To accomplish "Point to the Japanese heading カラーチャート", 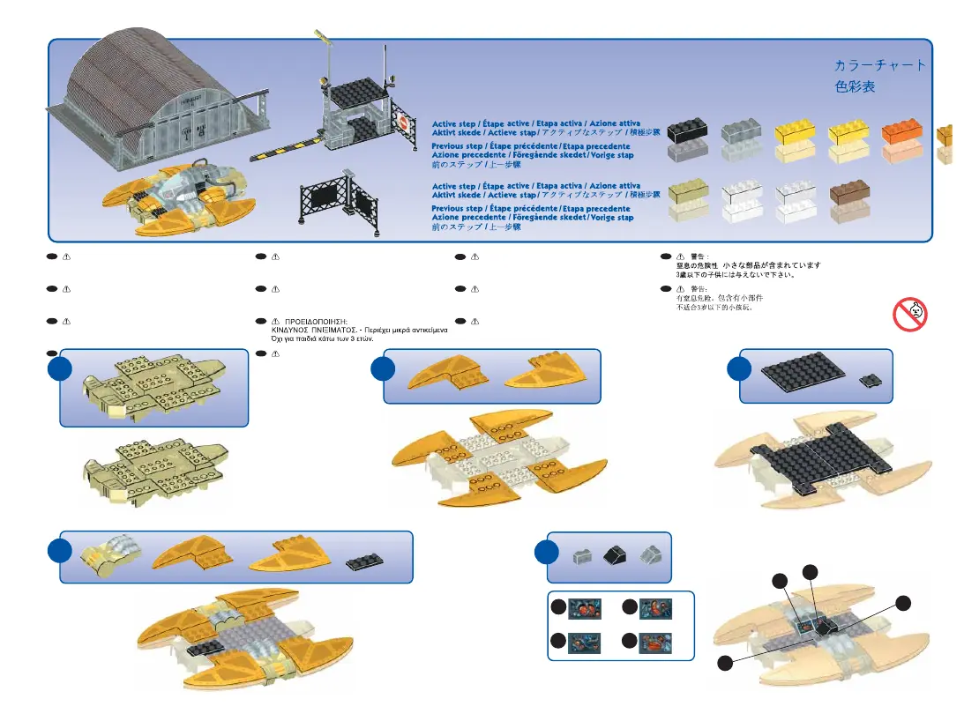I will [x=879, y=66].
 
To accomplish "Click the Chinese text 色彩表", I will [x=855, y=88].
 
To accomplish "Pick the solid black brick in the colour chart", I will [x=688, y=131].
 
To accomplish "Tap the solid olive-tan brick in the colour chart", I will [x=689, y=191].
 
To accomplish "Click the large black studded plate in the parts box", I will [x=802, y=377].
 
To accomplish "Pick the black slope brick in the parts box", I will [x=612, y=554].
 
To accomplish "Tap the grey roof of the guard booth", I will [x=358, y=92].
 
